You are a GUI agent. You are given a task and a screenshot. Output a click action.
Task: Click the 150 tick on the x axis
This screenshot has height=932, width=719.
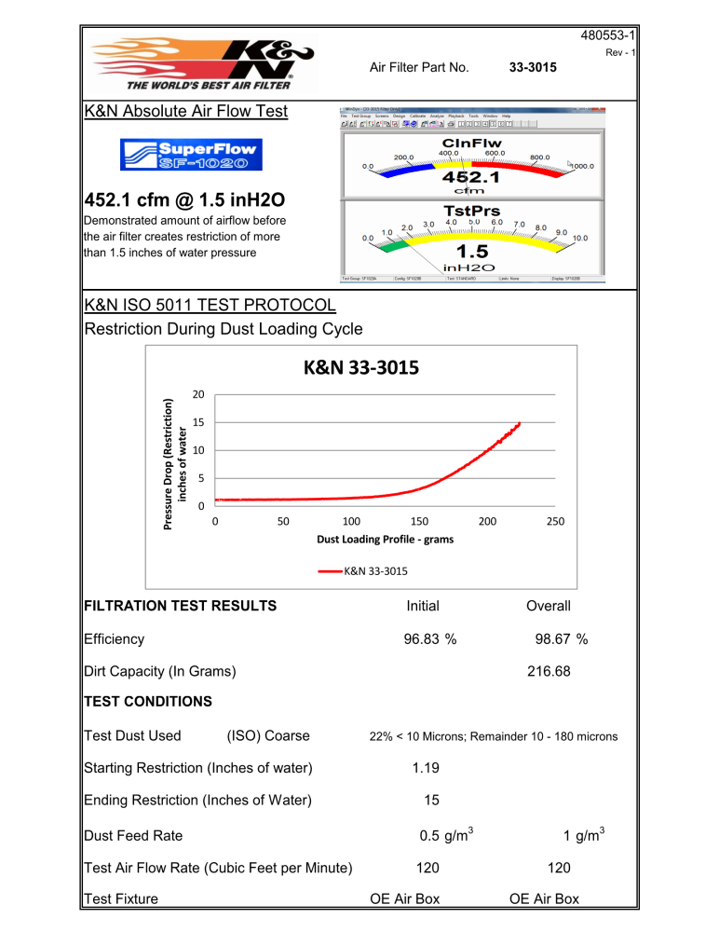pyautogui.click(x=419, y=522)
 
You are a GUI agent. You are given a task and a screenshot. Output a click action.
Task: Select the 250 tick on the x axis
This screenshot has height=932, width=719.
pyautogui.click(x=554, y=522)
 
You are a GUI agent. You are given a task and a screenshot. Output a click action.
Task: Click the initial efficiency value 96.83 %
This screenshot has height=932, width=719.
pyautogui.click(x=423, y=639)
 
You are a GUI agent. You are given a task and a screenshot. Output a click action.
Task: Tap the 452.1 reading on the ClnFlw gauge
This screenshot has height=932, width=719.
pyautogui.click(x=474, y=177)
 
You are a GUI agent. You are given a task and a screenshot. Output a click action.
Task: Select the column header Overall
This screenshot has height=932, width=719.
pyautogui.click(x=548, y=606)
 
